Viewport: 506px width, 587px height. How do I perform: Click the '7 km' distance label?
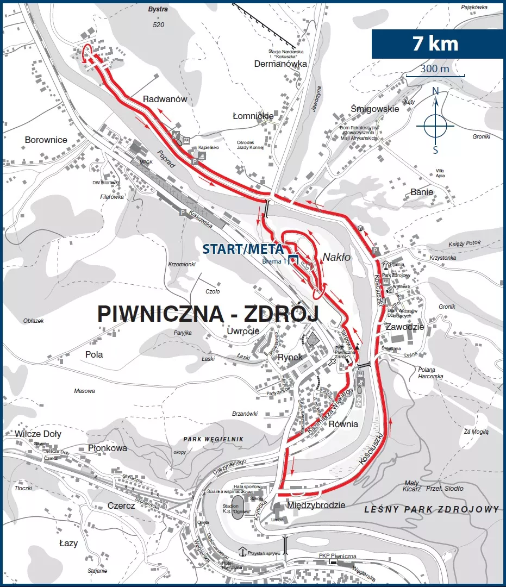coord(435,43)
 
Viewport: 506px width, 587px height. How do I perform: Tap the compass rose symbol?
coord(435,126)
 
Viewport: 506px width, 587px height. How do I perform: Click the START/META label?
coord(243,249)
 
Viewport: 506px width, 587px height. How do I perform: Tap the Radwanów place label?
coord(165,99)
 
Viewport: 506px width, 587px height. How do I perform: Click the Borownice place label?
coord(46,140)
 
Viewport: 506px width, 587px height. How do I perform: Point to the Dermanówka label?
coord(280,64)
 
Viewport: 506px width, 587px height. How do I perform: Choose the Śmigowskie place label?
coord(375,109)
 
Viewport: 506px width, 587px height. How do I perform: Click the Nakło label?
coord(337,257)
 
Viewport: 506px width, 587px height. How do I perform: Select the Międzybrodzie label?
coord(316,505)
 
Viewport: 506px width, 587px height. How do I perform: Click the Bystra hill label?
coord(158,9)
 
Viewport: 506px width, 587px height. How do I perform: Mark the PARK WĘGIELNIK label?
coord(213,439)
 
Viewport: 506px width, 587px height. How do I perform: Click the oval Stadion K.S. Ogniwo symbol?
coord(238,507)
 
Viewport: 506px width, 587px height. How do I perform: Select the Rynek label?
coord(290,357)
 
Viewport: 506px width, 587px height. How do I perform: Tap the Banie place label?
coord(422,192)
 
